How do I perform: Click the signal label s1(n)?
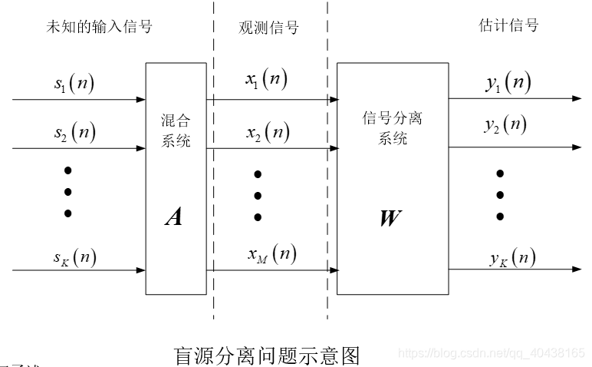[x=74, y=83]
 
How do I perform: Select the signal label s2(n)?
[x=74, y=133]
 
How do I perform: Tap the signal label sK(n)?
[x=74, y=256]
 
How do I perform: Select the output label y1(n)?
[x=508, y=84]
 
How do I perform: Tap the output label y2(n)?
[x=505, y=124]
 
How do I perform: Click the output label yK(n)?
[x=512, y=257]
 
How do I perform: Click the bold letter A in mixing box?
[x=175, y=218]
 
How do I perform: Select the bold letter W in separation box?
[x=390, y=218]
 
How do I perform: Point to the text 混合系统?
[x=176, y=131]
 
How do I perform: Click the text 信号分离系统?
[x=392, y=128]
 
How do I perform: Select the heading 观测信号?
[x=268, y=28]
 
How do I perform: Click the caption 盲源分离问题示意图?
[x=267, y=355]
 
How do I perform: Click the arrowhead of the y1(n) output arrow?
[x=576, y=99]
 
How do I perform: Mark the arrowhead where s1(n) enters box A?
[x=141, y=100]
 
